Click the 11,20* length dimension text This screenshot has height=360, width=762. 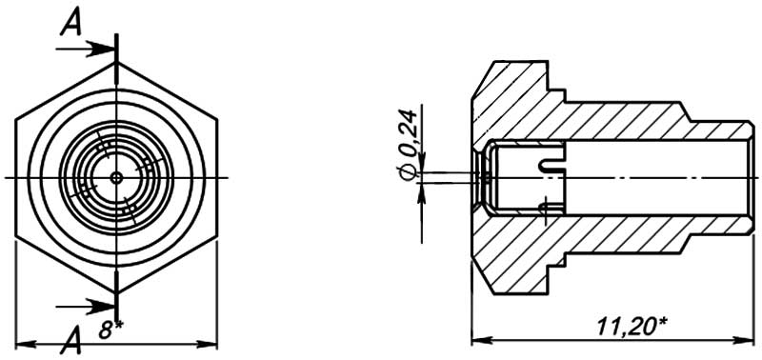(x=631, y=327)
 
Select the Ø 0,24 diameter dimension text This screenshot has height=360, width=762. (x=409, y=145)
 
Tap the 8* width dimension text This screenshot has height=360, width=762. (x=110, y=330)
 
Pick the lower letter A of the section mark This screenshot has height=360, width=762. (x=70, y=341)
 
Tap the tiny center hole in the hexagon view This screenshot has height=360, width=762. (x=116, y=177)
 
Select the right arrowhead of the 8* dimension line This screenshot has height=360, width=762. (x=207, y=345)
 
